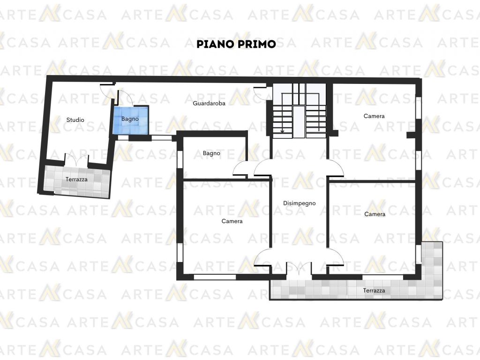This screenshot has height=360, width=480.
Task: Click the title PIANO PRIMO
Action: click(x=236, y=44)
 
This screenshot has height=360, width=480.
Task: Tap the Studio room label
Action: click(x=75, y=120)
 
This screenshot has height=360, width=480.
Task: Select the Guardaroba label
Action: click(x=209, y=103)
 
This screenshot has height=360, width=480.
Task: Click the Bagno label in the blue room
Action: click(x=130, y=120)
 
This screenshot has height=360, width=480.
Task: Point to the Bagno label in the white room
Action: click(x=211, y=153)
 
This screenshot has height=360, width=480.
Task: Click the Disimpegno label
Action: click(x=299, y=203)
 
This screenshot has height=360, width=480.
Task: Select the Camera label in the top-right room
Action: click(x=374, y=116)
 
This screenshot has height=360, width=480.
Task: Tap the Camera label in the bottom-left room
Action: click(x=232, y=221)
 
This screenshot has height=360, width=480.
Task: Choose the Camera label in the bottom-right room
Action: click(x=375, y=214)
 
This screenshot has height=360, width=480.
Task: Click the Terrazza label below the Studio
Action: click(x=76, y=180)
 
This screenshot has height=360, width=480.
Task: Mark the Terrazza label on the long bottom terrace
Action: click(x=374, y=291)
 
